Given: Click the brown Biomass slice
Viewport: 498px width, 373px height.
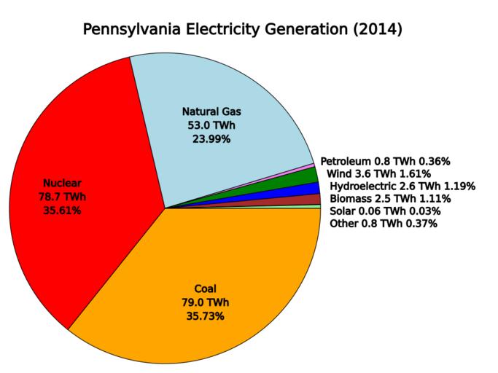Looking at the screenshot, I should [314, 200].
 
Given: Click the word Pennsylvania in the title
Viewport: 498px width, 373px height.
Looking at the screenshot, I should [132, 30].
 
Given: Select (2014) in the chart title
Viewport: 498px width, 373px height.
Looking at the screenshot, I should [375, 30].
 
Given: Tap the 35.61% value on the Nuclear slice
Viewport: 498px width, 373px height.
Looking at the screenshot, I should [61, 210].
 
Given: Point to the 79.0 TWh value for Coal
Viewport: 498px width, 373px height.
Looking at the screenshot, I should [205, 302].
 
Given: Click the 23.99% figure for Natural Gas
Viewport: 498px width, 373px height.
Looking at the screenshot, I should [211, 139].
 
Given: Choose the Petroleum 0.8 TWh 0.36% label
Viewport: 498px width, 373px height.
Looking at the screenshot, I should [385, 161].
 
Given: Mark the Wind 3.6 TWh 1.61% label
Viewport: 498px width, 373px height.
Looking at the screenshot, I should [378, 173].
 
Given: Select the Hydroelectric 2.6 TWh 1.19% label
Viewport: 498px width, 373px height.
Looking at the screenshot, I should [402, 186].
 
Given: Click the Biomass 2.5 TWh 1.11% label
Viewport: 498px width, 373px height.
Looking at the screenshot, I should [390, 199].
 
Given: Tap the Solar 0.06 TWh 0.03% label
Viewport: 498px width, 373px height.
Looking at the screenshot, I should [385, 211].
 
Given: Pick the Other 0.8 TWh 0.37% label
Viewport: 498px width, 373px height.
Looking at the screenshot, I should [384, 224].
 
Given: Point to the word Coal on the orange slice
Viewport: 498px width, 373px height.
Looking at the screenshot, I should [205, 288].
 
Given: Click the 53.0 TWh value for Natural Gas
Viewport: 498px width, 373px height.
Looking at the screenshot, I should [211, 125].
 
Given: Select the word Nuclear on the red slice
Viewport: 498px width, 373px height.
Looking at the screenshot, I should [61, 182].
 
